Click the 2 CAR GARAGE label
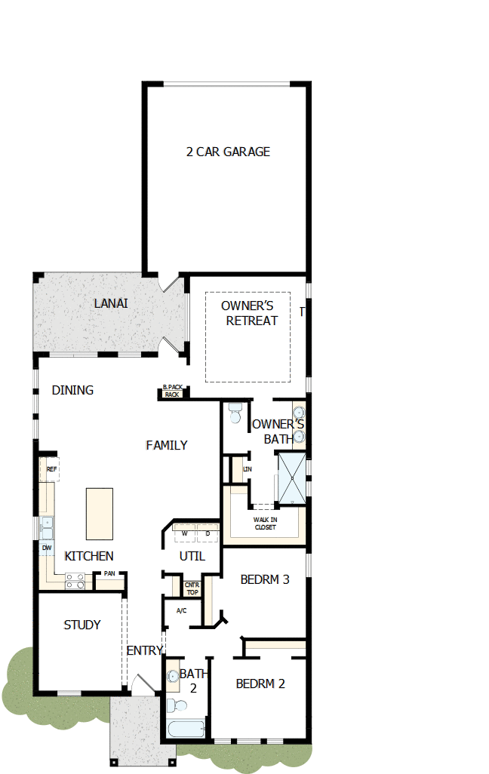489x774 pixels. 228,152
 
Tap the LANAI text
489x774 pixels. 111,303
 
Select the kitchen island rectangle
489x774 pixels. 99,514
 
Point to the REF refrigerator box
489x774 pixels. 51,469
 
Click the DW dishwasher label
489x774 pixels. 47,548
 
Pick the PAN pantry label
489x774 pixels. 109,574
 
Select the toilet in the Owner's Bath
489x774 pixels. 235,414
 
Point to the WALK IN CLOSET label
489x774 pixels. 264,523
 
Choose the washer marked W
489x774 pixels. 184,533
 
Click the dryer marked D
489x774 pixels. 207,533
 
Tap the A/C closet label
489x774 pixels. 181,610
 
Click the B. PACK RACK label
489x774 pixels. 173,391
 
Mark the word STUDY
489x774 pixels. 81,625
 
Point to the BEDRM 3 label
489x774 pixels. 265,579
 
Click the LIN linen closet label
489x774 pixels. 247,469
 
